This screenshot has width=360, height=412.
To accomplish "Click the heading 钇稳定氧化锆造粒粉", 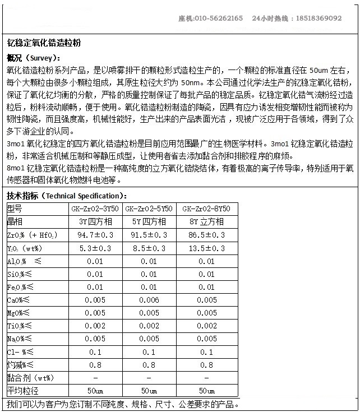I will pyautogui.click(x=44, y=42).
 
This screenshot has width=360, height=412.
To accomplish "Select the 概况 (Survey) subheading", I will pyautogui.click(x=34, y=58).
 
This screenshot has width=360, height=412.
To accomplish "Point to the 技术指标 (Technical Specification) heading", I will pyautogui.click(x=67, y=196).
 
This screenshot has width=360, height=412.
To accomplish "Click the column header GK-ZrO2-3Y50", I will pyautogui.click(x=95, y=209).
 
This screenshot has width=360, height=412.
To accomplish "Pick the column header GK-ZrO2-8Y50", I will pyautogui.click(x=206, y=209).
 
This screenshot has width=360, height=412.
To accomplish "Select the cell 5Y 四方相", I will pyautogui.click(x=149, y=221).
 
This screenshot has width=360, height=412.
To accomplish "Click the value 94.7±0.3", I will pyautogui.click(x=95, y=235).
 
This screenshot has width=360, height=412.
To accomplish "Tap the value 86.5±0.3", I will pyautogui.click(x=206, y=235).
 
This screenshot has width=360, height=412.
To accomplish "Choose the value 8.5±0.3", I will pyautogui.click(x=149, y=248).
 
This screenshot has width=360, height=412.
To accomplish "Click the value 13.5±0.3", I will pyautogui.click(x=206, y=248).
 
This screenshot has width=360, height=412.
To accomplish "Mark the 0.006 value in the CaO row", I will pyautogui.click(x=149, y=300).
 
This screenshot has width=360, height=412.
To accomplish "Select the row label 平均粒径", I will pyautogui.click(x=23, y=391).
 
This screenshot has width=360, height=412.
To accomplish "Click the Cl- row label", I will pyautogui.click(x=20, y=351).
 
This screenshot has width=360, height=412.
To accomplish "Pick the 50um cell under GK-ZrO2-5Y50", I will pyautogui.click(x=149, y=391).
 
